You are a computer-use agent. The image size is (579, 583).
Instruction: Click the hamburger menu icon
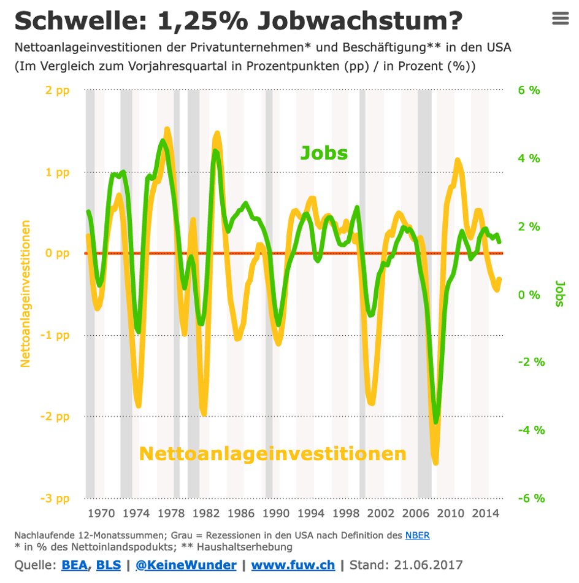pyautogui.click(x=561, y=18)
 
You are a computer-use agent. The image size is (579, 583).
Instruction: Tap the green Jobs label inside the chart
pyautogui.click(x=324, y=153)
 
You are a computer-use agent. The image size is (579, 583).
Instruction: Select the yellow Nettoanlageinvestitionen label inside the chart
pyautogui.click(x=272, y=454)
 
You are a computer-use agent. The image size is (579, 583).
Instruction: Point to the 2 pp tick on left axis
pyautogui.click(x=58, y=91)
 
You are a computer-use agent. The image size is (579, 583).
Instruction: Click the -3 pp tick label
pyautogui.click(x=56, y=498)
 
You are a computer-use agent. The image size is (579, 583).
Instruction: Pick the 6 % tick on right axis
pyautogui.click(x=529, y=91)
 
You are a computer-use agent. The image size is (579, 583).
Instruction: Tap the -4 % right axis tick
pyautogui.click(x=531, y=430)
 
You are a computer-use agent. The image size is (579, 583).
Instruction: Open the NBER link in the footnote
pyautogui.click(x=417, y=535)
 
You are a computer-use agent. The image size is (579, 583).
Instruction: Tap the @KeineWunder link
pyautogui.click(x=186, y=565)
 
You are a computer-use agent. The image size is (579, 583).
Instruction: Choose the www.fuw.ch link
pyautogui.click(x=293, y=565)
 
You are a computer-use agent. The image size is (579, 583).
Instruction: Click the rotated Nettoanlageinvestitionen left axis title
pyautogui.click(x=26, y=294)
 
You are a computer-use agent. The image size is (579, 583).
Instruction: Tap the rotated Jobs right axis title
pyautogui.click(x=560, y=294)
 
